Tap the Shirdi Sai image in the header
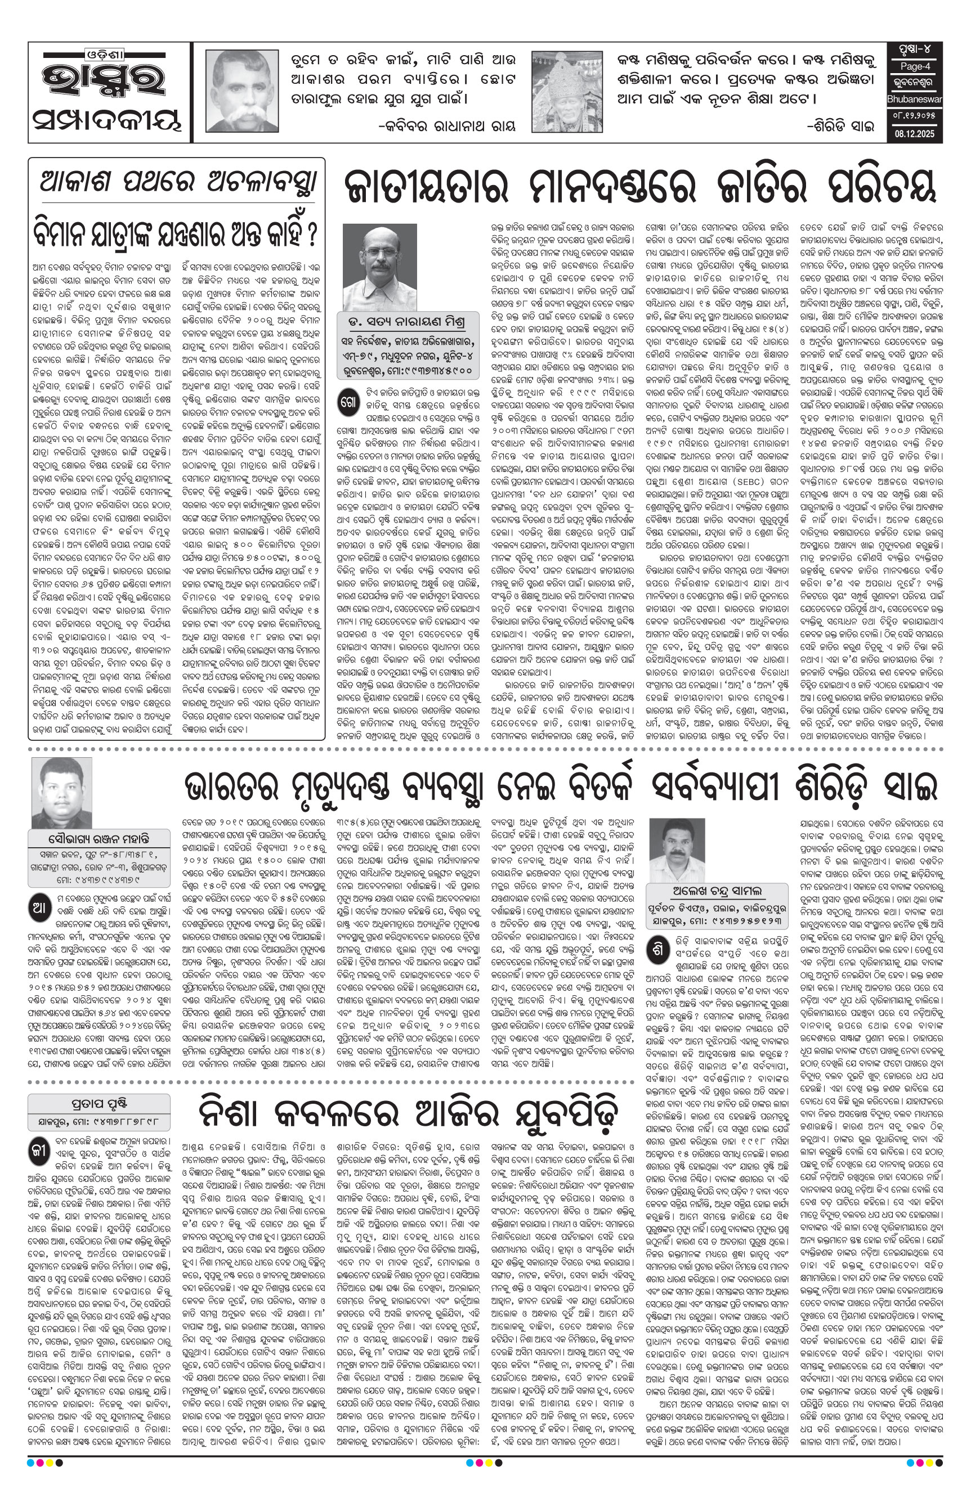pyautogui.click(x=567, y=91)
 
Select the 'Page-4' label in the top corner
pyautogui.click(x=914, y=66)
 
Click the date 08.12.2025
pyautogui.click(x=914, y=134)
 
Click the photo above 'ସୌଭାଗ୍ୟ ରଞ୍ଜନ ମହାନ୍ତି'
pyautogui.click(x=61, y=792)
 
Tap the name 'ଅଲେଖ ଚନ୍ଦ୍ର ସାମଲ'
pyautogui.click(x=717, y=891)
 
